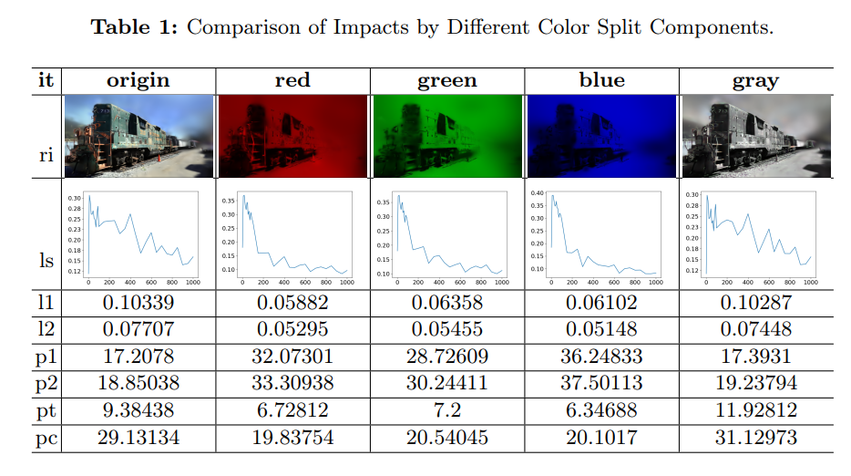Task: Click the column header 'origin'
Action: [138, 80]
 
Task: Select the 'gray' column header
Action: [755, 80]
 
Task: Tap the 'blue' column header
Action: [601, 80]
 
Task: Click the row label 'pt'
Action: [46, 410]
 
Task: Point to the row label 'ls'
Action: [46, 262]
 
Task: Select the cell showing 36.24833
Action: [601, 357]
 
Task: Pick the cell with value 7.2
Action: [446, 410]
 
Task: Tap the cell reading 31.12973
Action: [755, 438]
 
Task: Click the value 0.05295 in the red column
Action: [292, 330]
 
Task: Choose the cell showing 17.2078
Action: [138, 357]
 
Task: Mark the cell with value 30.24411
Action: [446, 384]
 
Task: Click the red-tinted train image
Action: [292, 136]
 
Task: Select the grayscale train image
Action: [755, 136]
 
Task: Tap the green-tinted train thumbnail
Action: [446, 136]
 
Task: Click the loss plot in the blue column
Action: [601, 235]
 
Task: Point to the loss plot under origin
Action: [138, 235]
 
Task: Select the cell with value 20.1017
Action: [601, 438]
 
